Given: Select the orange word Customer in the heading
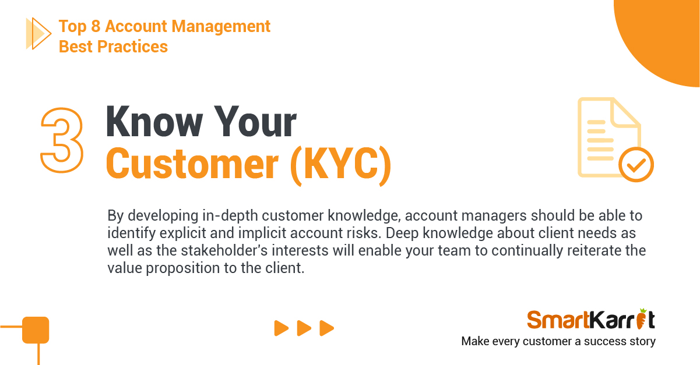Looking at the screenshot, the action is [x=192, y=164].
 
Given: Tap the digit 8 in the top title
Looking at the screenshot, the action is [x=96, y=26].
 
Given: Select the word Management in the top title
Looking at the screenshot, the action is [x=221, y=26].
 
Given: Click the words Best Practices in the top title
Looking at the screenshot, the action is [x=113, y=47].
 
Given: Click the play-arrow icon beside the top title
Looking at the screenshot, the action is [x=38, y=33].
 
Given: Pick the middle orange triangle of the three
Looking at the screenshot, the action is [x=304, y=328].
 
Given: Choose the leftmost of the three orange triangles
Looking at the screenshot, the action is [x=282, y=328].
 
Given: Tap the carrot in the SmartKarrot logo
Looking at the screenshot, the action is [x=642, y=319].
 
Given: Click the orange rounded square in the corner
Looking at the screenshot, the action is [x=36, y=330].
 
